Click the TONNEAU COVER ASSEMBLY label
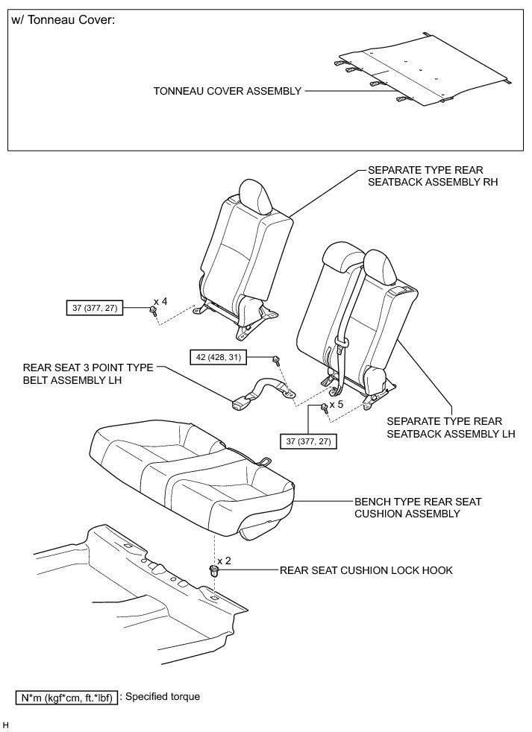(227, 91)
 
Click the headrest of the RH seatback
(254, 196)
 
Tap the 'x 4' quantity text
(160, 302)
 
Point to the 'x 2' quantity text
(225, 560)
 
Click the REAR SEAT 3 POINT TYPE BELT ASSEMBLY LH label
(88, 373)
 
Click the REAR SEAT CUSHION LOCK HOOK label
(366, 571)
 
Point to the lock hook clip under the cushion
(215, 572)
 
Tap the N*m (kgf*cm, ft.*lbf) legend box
(66, 698)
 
